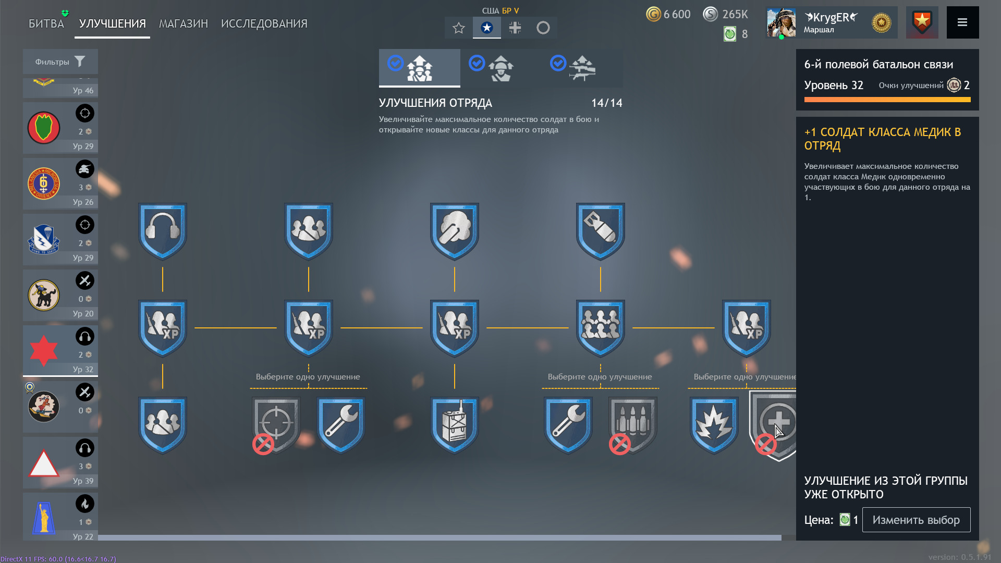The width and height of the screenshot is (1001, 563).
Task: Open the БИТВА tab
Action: [x=46, y=23]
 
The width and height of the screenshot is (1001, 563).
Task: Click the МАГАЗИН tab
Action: [x=184, y=23]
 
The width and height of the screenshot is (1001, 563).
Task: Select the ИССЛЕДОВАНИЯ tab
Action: [x=264, y=23]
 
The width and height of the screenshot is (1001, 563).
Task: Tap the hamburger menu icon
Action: [x=962, y=22]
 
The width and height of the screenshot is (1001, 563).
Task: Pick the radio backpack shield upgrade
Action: [x=455, y=425]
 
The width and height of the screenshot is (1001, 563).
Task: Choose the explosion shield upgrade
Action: [x=714, y=425]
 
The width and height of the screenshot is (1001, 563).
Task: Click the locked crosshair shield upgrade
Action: [x=276, y=425]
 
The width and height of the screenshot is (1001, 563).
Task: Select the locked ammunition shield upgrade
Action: [x=633, y=425]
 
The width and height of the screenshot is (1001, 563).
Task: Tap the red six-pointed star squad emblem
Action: [x=44, y=351]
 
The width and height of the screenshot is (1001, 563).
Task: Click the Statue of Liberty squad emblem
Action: [x=44, y=518]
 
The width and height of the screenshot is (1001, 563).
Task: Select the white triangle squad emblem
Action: [x=44, y=463]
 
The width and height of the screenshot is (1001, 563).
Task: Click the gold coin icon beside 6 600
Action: [x=653, y=14]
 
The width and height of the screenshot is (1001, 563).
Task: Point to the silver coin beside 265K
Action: [x=711, y=14]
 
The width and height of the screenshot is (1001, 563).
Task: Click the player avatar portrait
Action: [x=781, y=22]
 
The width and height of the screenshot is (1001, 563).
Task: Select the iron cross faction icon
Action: [x=515, y=28]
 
